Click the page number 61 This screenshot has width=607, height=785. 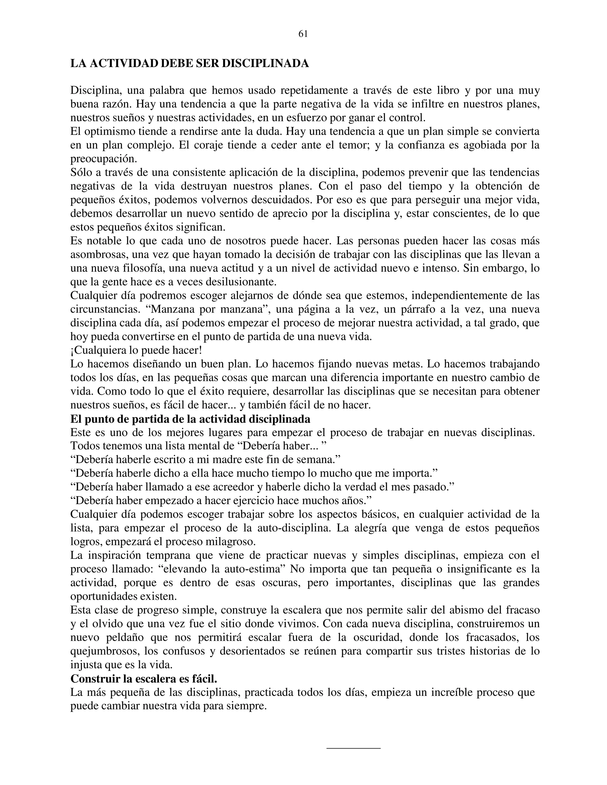coord(303,34)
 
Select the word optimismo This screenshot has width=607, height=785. coord(110,132)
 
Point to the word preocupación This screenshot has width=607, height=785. coord(104,159)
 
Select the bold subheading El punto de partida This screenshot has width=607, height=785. coord(190,419)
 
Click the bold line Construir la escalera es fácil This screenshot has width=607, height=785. coord(144,679)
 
